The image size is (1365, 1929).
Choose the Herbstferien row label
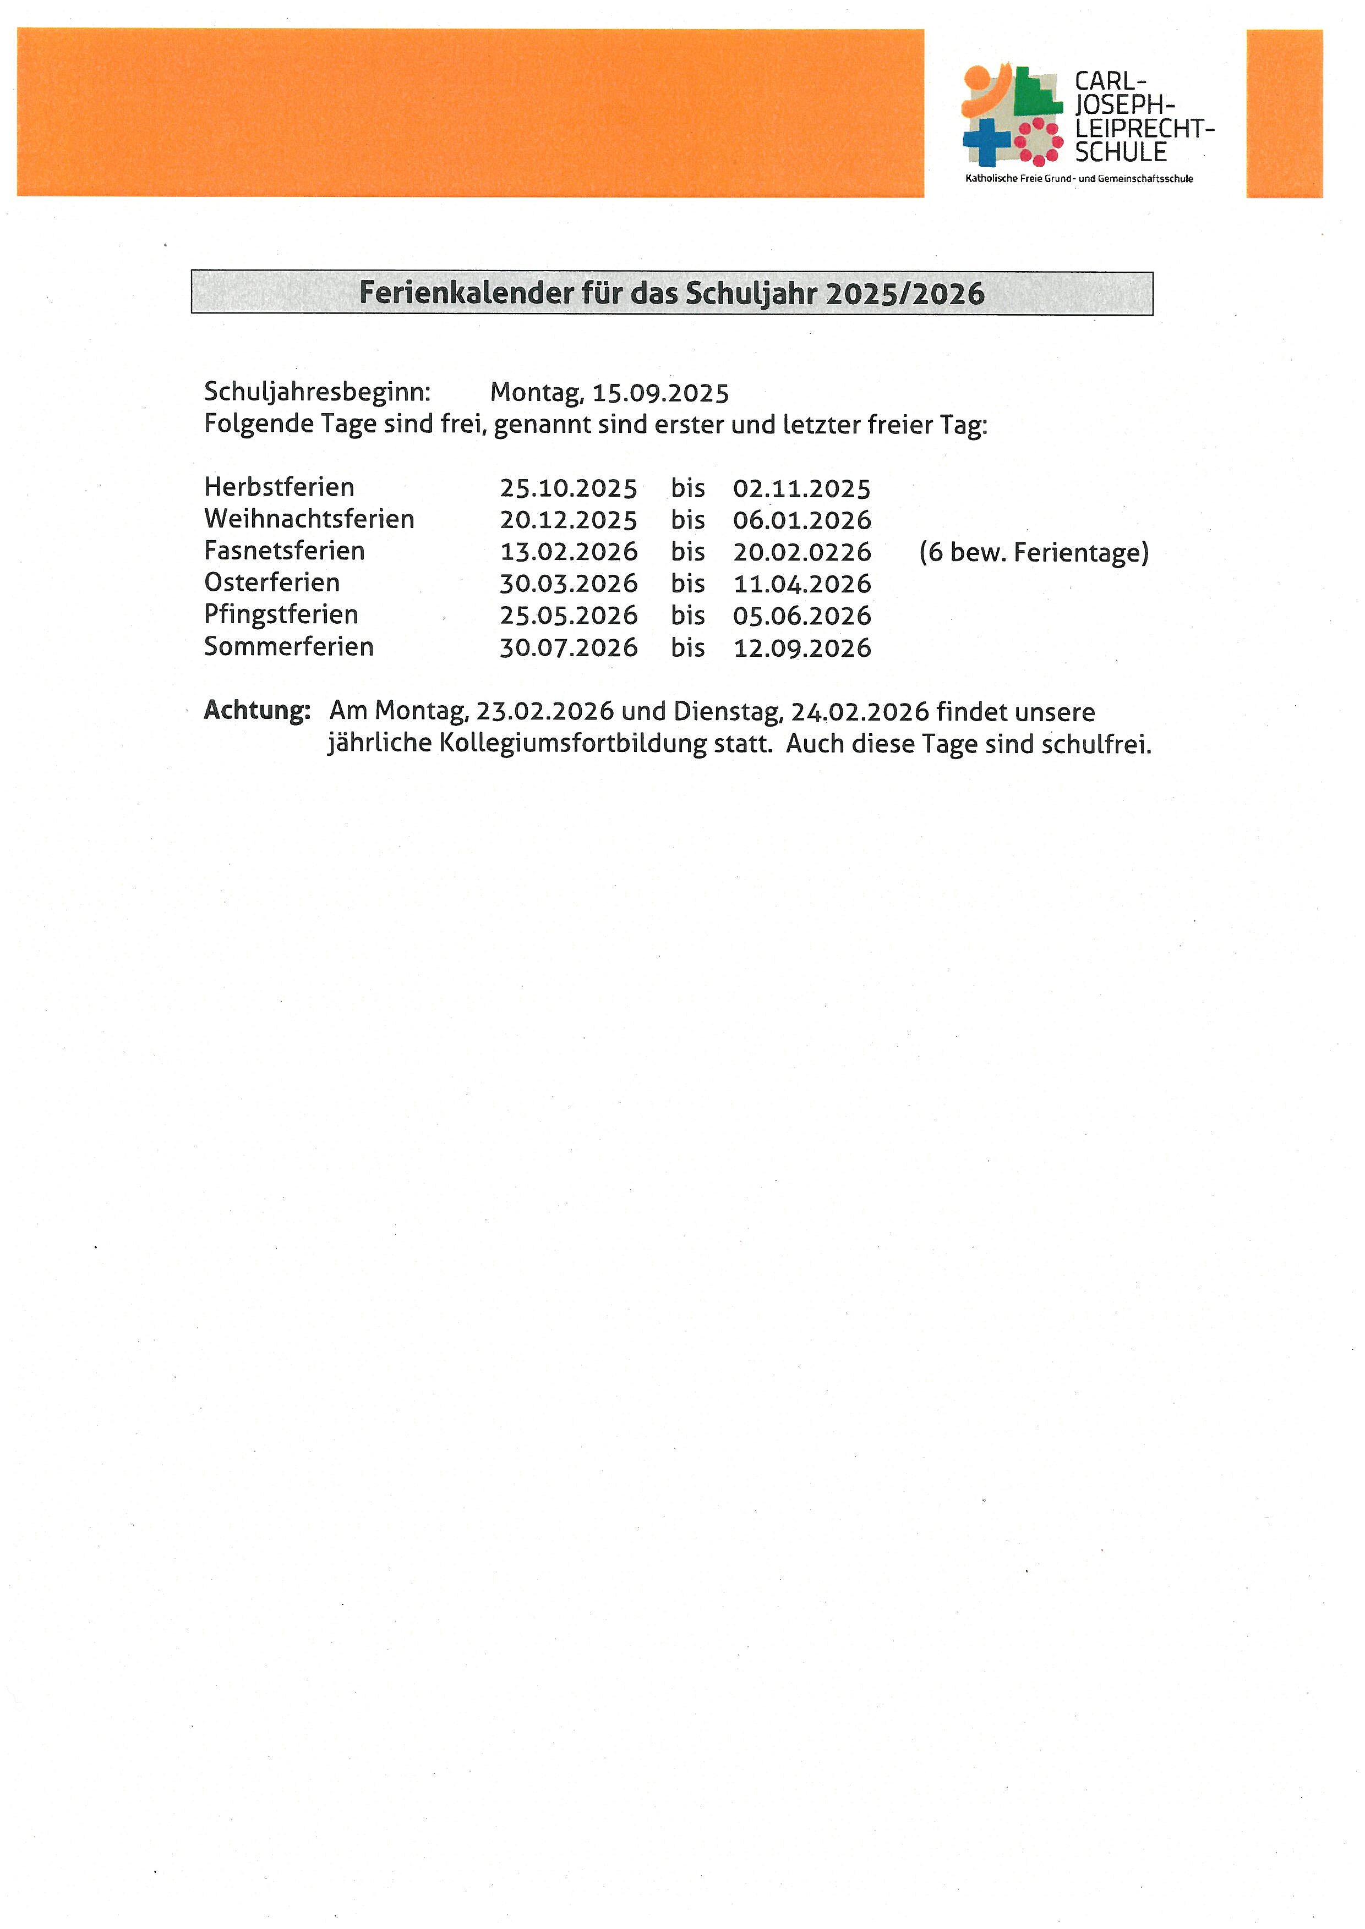279,487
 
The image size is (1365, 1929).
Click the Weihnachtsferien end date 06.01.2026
802,520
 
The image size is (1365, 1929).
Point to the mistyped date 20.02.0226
802,552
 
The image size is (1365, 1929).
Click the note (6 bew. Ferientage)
1034,552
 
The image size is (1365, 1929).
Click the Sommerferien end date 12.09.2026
802,648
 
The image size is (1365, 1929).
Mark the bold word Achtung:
257,711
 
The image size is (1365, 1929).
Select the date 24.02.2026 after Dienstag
860,712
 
